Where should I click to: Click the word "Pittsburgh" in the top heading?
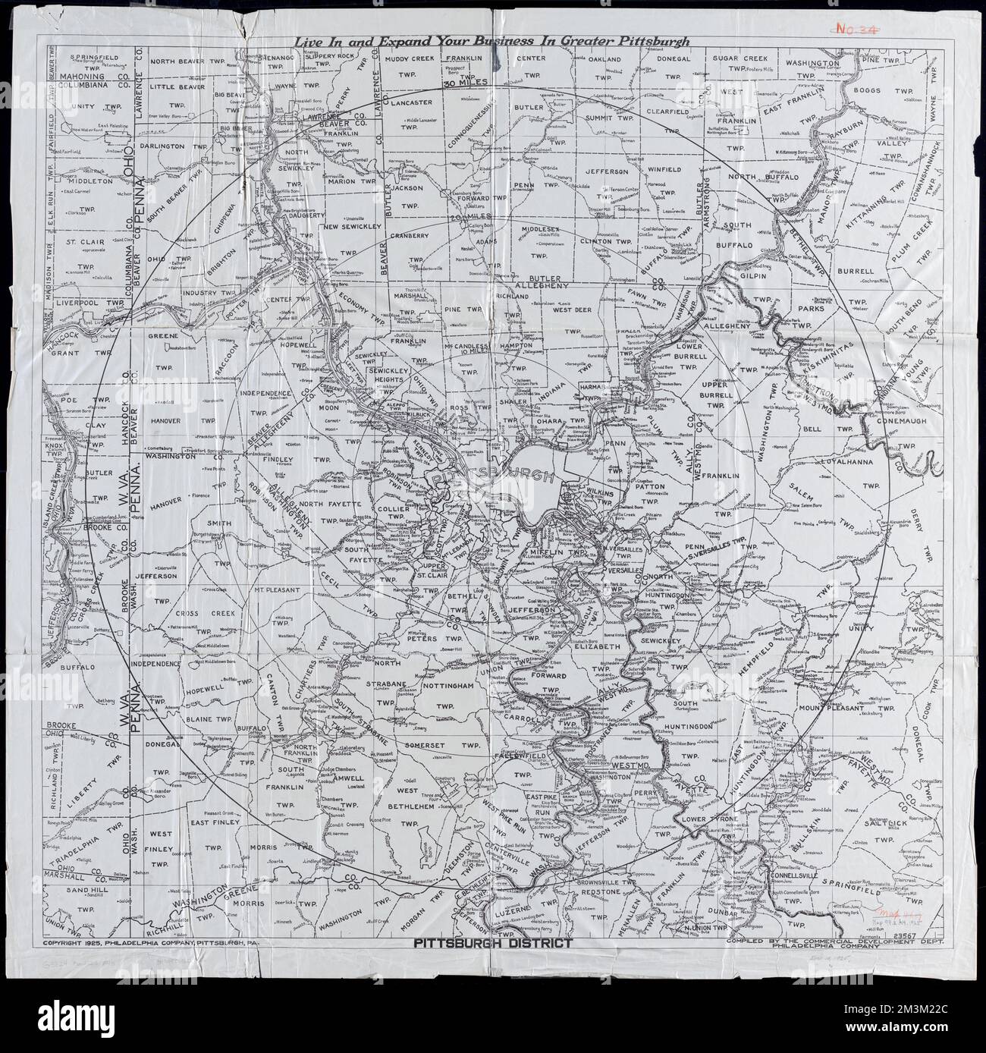pos(651,42)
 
